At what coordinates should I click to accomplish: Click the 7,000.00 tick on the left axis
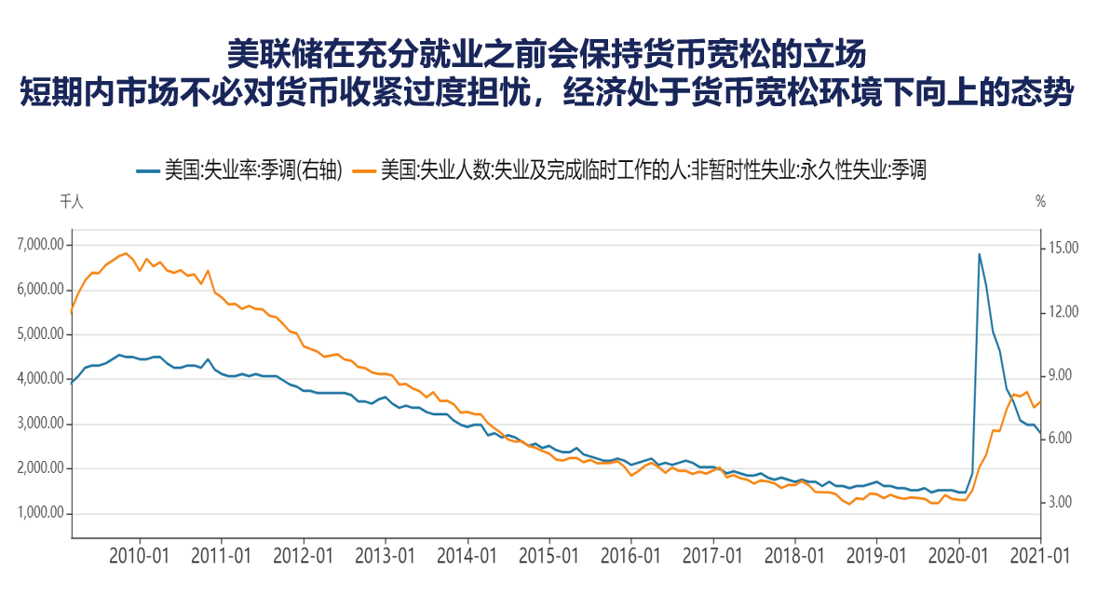[40, 245]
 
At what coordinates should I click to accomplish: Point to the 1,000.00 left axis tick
[40, 513]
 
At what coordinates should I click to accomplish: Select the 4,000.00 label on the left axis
[40, 379]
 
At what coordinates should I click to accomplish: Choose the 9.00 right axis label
[1061, 375]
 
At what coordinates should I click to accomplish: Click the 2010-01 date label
[140, 556]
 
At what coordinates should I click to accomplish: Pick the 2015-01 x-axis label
[549, 556]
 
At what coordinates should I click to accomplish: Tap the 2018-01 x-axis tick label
[795, 556]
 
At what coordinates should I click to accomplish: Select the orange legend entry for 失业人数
[643, 170]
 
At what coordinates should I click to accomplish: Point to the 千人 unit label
[71, 202]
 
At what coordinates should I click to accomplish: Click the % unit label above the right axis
[1041, 202]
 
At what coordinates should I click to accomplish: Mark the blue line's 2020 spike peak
[979, 253]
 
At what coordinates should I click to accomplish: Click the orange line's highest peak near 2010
[126, 252]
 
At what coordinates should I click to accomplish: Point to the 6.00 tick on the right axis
[1061, 439]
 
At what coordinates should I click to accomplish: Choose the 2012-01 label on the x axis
[304, 556]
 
